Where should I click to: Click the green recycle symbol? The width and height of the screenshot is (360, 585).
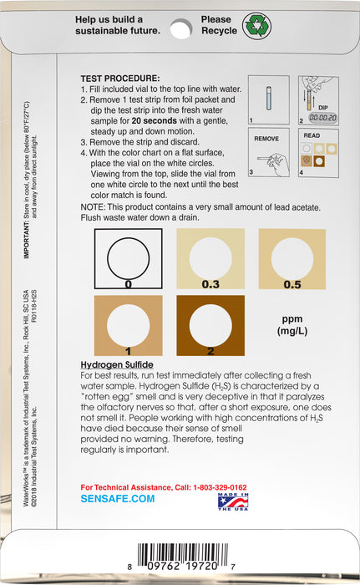click(256, 26)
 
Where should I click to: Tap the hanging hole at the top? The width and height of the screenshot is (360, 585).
click(181, 28)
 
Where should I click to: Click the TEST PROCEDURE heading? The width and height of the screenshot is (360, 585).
click(120, 79)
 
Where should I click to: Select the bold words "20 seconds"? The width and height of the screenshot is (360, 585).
click(154, 121)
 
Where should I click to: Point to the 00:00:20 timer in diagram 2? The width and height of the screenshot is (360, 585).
click(322, 118)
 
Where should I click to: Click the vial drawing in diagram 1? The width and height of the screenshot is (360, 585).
click(269, 98)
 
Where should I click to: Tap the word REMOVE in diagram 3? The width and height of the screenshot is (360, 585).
click(266, 139)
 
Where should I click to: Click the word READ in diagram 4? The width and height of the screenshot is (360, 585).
click(312, 135)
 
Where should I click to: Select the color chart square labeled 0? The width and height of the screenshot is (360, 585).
click(128, 258)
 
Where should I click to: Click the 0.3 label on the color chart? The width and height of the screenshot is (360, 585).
click(210, 284)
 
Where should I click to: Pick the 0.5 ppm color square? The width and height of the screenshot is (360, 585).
click(292, 259)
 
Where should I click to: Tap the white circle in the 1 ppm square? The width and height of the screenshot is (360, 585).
click(128, 325)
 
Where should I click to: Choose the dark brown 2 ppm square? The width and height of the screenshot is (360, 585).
click(210, 325)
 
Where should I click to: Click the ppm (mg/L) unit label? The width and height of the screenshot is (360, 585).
click(292, 325)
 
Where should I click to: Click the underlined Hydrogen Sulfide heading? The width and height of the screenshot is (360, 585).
click(117, 364)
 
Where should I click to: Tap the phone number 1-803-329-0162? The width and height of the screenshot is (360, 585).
click(220, 487)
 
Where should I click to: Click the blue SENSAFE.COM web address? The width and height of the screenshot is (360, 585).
click(118, 499)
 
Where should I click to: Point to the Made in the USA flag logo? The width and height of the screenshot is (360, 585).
click(233, 501)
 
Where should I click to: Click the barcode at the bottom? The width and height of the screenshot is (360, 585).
click(182, 557)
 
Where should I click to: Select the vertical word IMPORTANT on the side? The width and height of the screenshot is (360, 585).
click(26, 240)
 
